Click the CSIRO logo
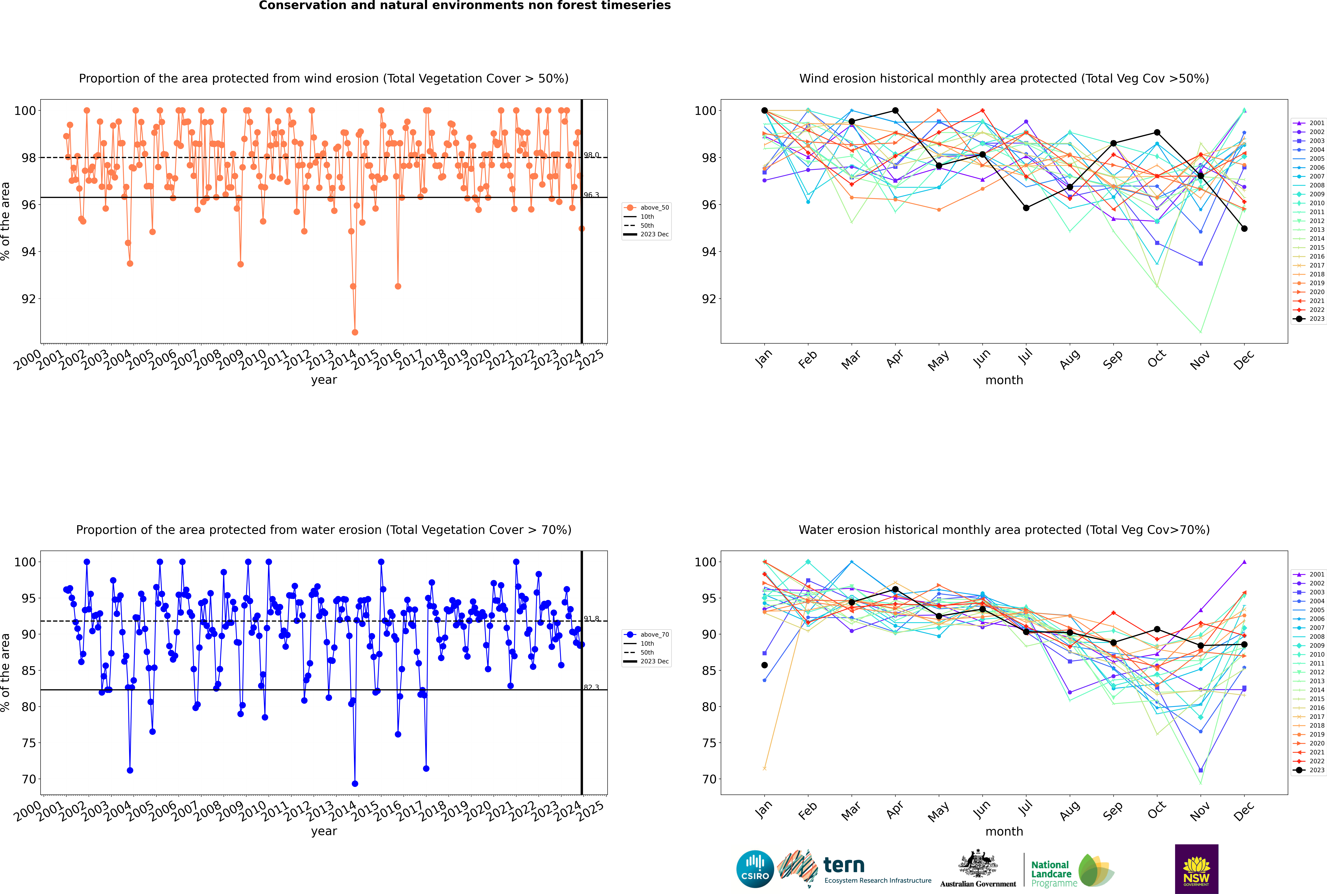[x=755, y=869]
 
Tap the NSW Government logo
[x=1196, y=869]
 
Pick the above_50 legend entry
[x=646, y=208]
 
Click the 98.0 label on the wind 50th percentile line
[x=591, y=155]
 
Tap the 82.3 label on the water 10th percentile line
[x=591, y=688]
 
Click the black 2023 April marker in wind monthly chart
[x=895, y=111]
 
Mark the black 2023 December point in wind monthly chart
[x=1244, y=229]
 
